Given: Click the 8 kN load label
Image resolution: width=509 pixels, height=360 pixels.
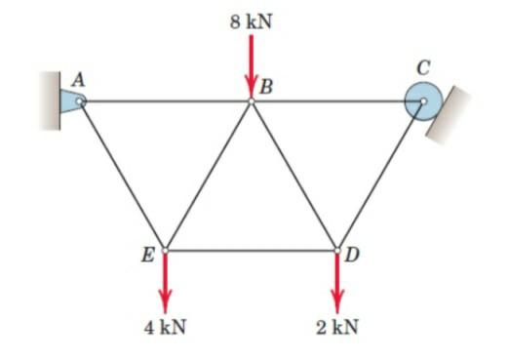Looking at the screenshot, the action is click(251, 19).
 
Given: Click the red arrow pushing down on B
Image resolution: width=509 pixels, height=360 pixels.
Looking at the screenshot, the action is click(251, 63).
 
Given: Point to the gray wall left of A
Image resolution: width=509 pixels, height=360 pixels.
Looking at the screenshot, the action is click(49, 100).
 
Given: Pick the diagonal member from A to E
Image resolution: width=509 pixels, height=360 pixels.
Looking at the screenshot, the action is click(122, 175).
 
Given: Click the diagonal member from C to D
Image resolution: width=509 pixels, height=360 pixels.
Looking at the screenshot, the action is click(380, 175).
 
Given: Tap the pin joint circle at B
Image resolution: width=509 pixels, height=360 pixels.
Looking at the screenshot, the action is click(251, 100).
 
